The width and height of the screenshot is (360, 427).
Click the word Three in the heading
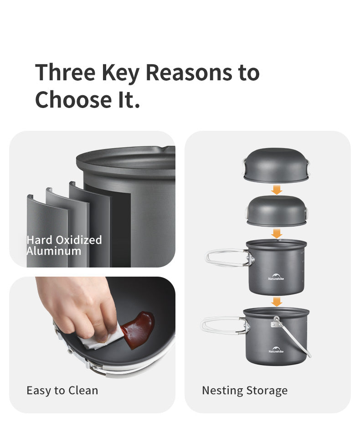click(x=65, y=72)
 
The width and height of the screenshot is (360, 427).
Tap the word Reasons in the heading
click(x=189, y=72)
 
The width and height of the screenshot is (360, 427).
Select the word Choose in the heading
click(x=73, y=99)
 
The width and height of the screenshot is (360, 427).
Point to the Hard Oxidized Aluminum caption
click(x=64, y=245)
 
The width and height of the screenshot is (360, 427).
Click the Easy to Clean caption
click(x=62, y=391)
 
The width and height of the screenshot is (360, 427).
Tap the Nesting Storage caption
click(x=245, y=391)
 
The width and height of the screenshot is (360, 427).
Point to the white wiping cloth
click(x=101, y=337)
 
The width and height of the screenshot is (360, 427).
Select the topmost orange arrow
click(x=277, y=190)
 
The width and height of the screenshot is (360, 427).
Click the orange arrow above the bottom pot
click(x=277, y=302)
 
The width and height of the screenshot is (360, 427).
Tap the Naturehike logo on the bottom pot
click(x=276, y=350)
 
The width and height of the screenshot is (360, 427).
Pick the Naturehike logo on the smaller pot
click(x=276, y=277)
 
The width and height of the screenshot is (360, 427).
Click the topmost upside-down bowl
click(x=276, y=165)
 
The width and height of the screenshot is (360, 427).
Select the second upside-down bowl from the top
click(x=277, y=211)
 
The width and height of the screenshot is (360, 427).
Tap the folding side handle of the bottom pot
click(x=225, y=325)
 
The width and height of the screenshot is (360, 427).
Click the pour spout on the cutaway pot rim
click(x=161, y=149)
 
